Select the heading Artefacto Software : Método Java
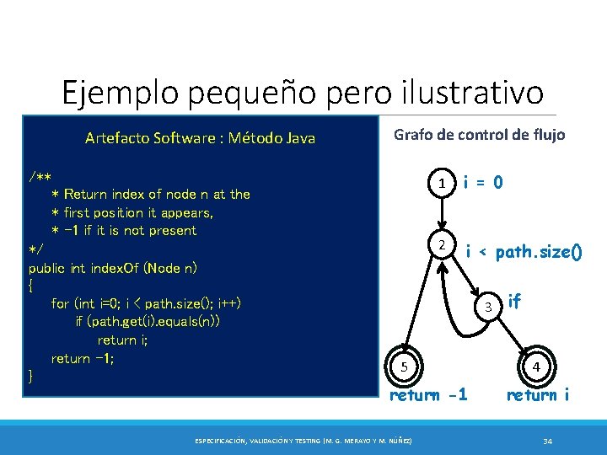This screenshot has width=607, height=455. point(200,138)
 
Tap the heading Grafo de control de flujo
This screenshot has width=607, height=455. point(479,135)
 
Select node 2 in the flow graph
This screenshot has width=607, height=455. point(441,245)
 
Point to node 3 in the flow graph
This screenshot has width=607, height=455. point(487,306)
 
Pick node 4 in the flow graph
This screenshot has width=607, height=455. point(535,367)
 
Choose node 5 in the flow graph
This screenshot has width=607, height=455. point(405,367)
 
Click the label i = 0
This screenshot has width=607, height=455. point(484,182)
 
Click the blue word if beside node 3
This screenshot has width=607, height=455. point(514,299)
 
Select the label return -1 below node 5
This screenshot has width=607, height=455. point(428,394)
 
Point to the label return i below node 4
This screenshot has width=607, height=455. point(537,394)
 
